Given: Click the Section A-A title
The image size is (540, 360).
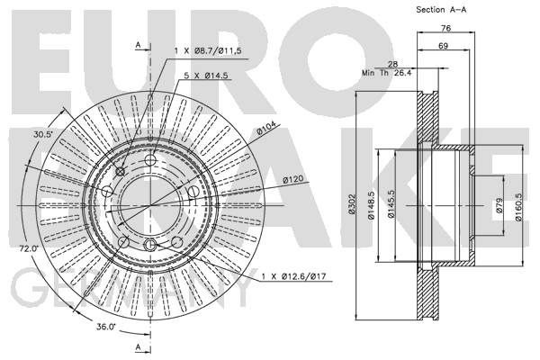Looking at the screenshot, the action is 441,10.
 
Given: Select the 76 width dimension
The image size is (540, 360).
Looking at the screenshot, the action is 446,28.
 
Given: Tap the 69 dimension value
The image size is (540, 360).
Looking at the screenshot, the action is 443,46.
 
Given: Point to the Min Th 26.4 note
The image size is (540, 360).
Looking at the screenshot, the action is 386,73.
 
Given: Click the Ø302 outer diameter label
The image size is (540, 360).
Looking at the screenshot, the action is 352,204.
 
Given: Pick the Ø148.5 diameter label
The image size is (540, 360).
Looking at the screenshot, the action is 371,205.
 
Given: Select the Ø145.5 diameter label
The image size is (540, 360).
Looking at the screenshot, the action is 391,204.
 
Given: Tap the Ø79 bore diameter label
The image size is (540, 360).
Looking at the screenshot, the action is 499,204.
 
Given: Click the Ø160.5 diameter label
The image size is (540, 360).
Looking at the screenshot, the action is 518,207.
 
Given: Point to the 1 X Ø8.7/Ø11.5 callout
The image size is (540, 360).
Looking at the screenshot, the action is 208,51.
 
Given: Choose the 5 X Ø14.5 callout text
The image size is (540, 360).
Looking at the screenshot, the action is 206,76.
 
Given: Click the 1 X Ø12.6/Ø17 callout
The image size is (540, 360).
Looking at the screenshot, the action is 293,276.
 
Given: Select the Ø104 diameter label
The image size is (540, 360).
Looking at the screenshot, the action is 266,130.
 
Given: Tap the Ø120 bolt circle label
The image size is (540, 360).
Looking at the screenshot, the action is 293,179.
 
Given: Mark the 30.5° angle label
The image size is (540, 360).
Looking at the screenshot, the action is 42,135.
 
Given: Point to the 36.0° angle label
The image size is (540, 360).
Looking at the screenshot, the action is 106,327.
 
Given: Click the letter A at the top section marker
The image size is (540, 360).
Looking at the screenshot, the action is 138,45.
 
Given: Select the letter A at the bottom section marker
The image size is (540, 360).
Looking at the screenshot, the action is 138,346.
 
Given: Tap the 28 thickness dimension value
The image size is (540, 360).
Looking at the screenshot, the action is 392,64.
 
